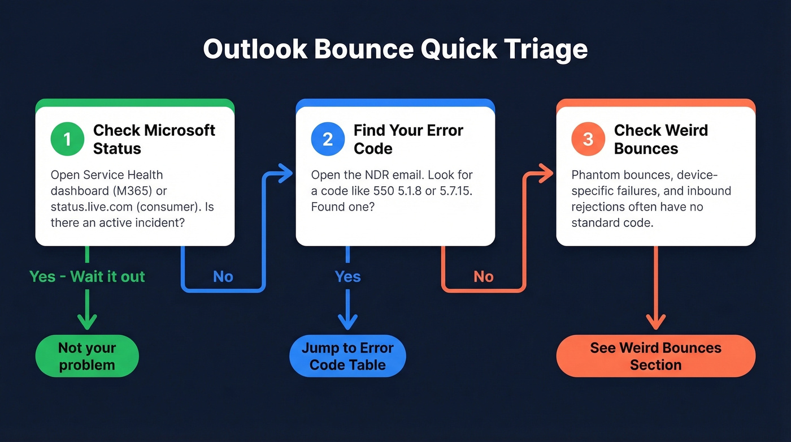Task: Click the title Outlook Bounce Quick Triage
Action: pyautogui.click(x=395, y=49)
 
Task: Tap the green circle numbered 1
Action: pyautogui.click(x=67, y=139)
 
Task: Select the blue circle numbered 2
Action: pyautogui.click(x=328, y=139)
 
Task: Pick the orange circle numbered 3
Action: pyautogui.click(x=588, y=139)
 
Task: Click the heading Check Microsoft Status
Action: pyautogui.click(x=154, y=139)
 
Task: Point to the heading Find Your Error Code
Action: pyautogui.click(x=408, y=139)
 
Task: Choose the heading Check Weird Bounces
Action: pyautogui.click(x=660, y=139)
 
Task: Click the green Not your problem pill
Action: pyautogui.click(x=87, y=356)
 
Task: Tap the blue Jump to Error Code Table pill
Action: pyautogui.click(x=347, y=356)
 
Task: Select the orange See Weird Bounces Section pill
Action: pyautogui.click(x=655, y=356)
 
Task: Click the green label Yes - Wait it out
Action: pyautogui.click(x=87, y=277)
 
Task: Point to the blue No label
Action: pyautogui.click(x=223, y=277)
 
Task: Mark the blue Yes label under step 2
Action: pyautogui.click(x=347, y=277)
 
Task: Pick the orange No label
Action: pyautogui.click(x=483, y=277)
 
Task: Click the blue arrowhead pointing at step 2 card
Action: pyautogui.click(x=285, y=174)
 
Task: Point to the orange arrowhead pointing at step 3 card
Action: pyautogui.click(x=546, y=174)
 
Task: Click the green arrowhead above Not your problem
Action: pyautogui.click(x=87, y=323)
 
